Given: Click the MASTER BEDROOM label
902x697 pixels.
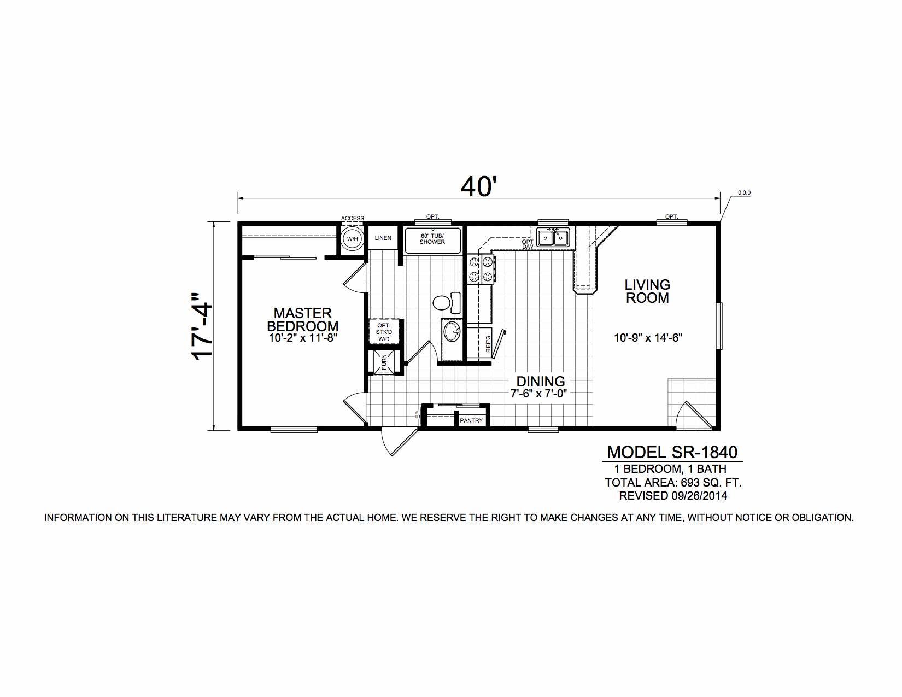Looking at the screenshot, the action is click(x=303, y=319).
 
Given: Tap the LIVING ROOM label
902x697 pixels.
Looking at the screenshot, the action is click(x=647, y=291).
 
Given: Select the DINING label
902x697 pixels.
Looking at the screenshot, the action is click(x=541, y=380).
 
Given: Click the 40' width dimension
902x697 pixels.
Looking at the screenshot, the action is click(x=478, y=186).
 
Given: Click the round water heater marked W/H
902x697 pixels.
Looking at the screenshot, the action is click(x=353, y=239).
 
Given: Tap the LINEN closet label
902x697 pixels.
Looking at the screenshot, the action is click(x=383, y=238).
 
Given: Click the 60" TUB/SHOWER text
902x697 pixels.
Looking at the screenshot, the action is click(x=432, y=239).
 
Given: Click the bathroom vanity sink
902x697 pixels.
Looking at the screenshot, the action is click(x=452, y=332).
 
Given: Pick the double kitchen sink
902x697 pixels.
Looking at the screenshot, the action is click(x=554, y=238).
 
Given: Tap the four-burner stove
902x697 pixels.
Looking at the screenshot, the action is click(x=481, y=269).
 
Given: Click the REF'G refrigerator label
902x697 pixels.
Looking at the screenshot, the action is click(x=488, y=344).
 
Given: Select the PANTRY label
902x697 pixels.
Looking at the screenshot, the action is click(x=471, y=420).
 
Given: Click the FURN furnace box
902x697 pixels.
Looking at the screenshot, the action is click(x=384, y=362).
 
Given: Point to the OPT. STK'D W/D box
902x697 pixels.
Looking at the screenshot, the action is click(x=384, y=332).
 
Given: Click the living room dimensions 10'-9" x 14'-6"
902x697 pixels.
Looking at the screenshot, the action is click(x=648, y=338).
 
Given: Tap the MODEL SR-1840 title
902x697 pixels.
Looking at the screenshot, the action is click(x=672, y=452).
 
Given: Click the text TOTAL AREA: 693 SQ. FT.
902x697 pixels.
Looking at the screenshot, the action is click(x=673, y=483).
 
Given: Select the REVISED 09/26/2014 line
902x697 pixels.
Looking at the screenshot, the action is click(x=673, y=496).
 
